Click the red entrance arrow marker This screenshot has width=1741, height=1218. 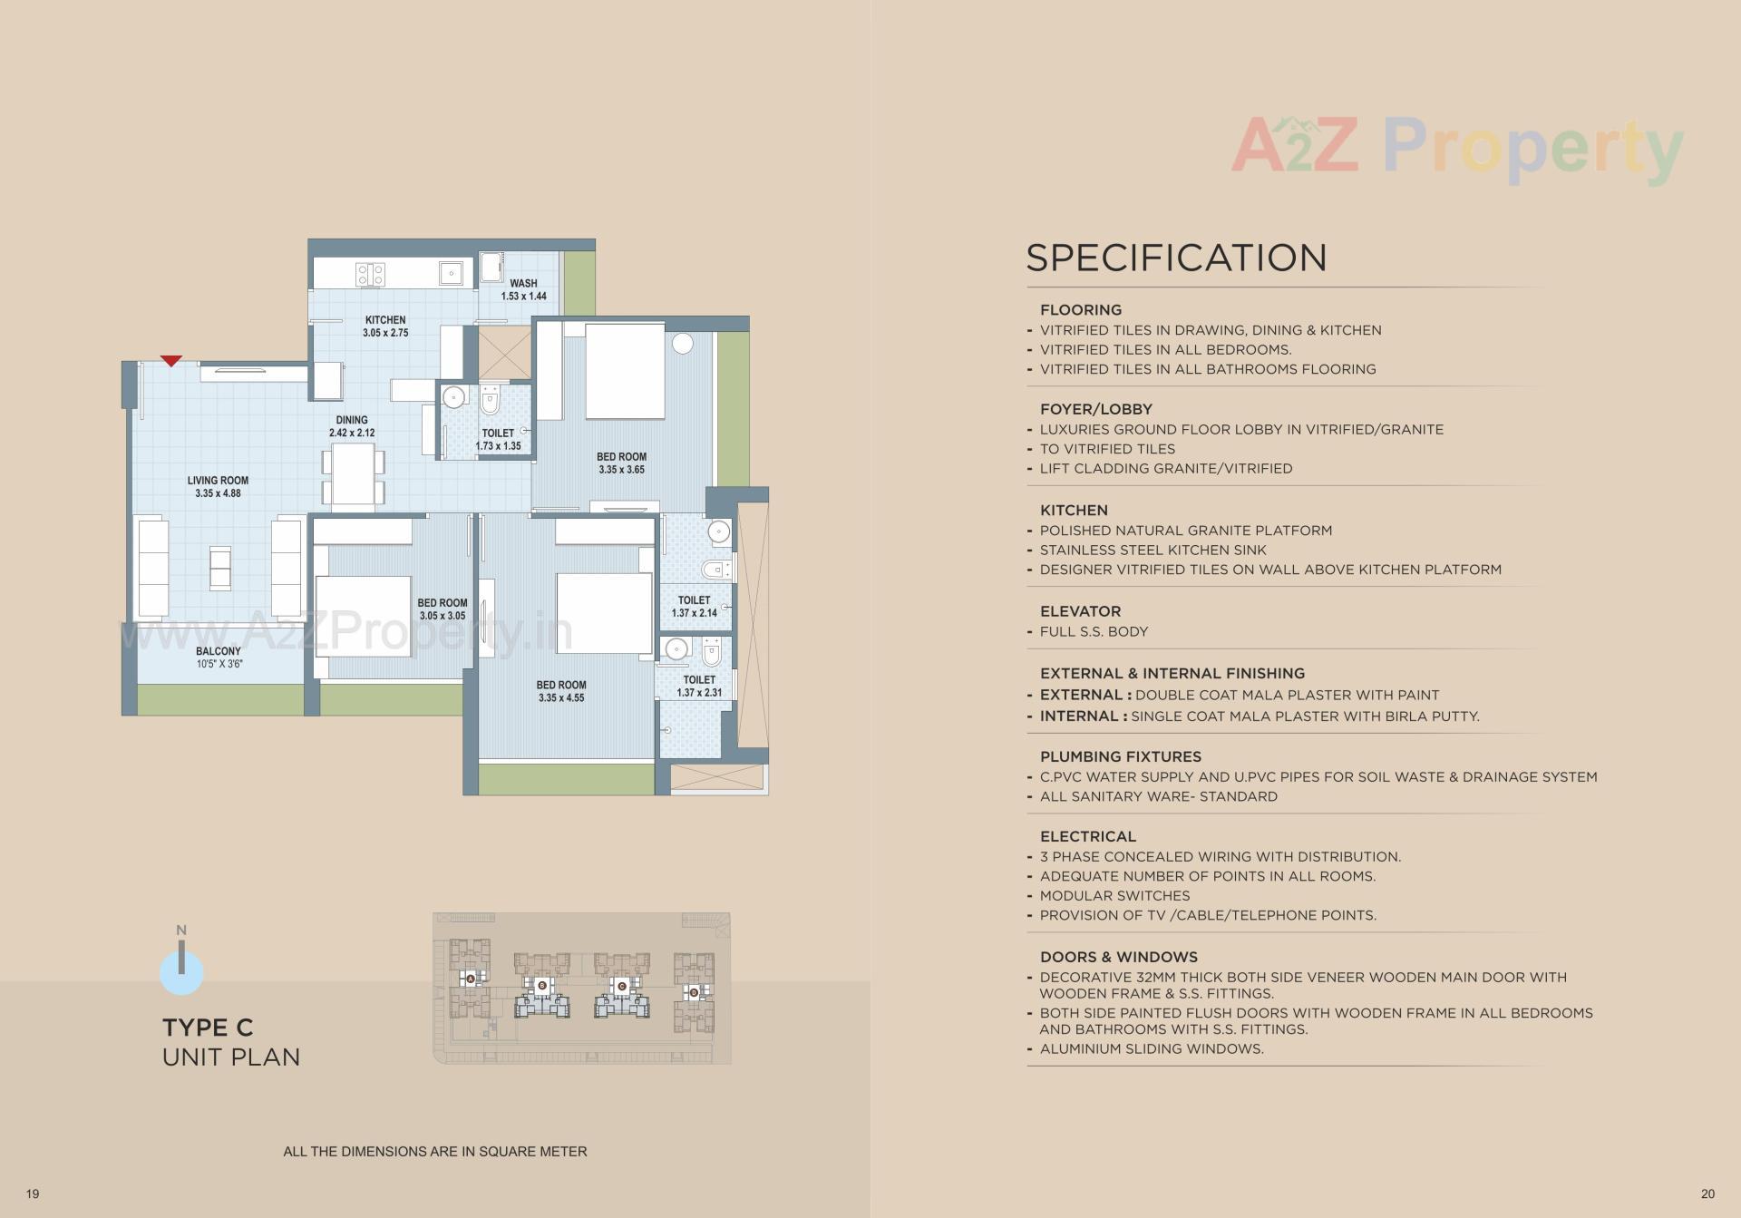171,361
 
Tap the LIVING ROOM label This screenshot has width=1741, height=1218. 218,487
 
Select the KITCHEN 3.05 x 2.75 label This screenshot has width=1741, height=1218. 385,326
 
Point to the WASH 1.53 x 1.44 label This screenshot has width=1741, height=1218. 523,289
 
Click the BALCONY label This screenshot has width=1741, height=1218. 219,658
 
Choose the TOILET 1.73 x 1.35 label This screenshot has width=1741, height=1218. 498,439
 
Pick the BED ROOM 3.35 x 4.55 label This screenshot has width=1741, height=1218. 561,691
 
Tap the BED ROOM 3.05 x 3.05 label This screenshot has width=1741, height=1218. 443,609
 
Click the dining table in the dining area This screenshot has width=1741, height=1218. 353,475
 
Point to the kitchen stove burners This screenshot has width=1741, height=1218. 370,274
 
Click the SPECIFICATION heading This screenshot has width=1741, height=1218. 1176,258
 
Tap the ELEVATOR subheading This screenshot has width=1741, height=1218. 1080,611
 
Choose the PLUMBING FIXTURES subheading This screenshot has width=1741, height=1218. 1120,756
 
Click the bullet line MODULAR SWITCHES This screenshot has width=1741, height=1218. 1114,895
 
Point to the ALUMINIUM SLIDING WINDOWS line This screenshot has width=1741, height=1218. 1152,1048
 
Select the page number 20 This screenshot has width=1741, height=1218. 1707,1194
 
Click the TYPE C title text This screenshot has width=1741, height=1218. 208,1028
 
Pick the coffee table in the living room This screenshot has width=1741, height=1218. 219,567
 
